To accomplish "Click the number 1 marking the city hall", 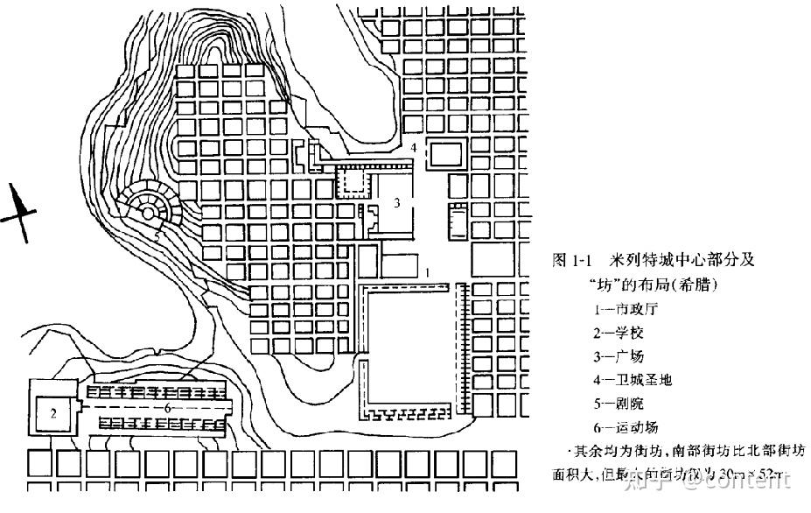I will tap(426, 272).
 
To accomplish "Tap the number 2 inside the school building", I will tap(53, 415).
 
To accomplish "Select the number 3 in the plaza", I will tap(396, 204).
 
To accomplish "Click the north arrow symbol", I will tap(19, 211).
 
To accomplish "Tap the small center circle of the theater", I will tap(149, 210).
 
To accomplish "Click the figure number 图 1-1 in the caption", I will tap(573, 261).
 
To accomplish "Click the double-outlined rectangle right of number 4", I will tap(444, 155).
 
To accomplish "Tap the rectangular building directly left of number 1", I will tap(397, 266).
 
